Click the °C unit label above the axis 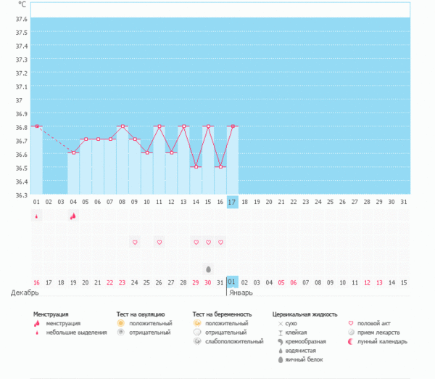click(x=22, y=5)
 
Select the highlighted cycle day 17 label click(x=232, y=202)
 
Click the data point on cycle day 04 click(x=73, y=152)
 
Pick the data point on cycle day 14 click(x=195, y=166)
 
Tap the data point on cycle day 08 click(x=122, y=126)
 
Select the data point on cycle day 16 click(x=220, y=166)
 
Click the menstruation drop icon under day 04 click(x=73, y=216)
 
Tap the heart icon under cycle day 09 click(x=134, y=242)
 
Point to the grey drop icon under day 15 click(x=208, y=269)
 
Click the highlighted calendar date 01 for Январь click(x=232, y=282)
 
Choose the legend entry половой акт click(x=375, y=323)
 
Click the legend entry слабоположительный click(x=234, y=341)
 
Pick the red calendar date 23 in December click(x=122, y=282)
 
